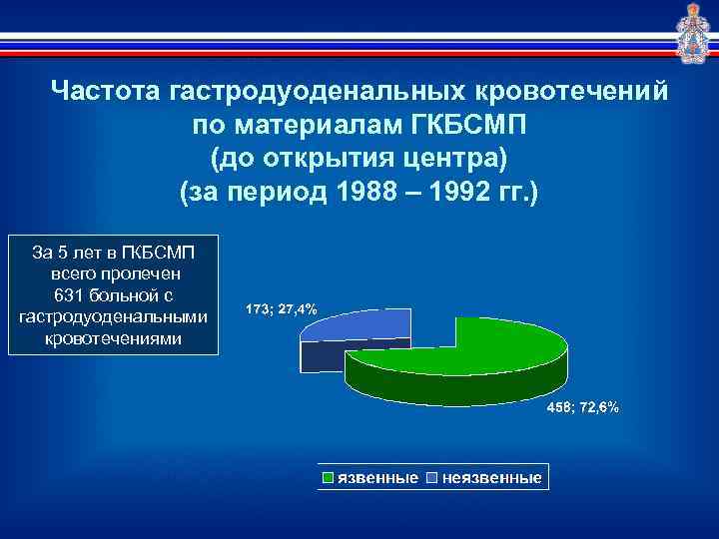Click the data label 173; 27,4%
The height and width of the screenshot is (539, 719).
(281, 309)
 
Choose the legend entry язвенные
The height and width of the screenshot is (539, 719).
(378, 478)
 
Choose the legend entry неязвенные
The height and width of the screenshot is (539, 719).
(491, 478)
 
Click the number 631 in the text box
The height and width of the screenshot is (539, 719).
(71, 294)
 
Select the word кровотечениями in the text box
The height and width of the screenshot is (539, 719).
(114, 338)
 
